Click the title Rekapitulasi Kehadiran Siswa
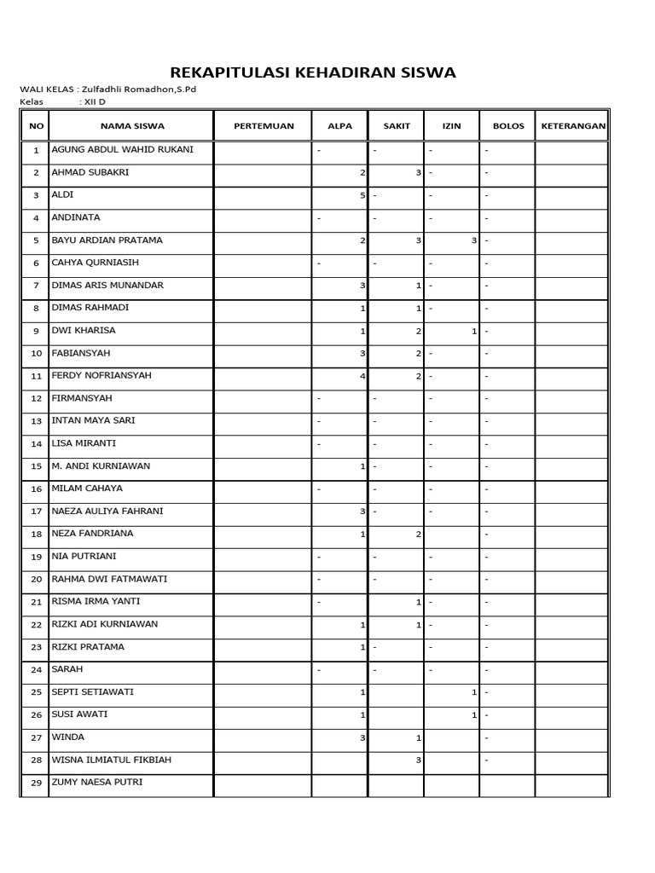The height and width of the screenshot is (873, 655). [x=313, y=72]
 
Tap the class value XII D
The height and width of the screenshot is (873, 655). [x=93, y=101]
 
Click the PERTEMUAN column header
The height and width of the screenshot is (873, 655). [x=264, y=126]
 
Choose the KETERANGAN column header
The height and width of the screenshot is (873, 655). [x=572, y=126]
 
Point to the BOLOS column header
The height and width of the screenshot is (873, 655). [x=508, y=126]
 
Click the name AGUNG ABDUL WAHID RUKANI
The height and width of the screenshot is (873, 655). [x=123, y=149]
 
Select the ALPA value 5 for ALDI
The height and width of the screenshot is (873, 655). [x=362, y=195]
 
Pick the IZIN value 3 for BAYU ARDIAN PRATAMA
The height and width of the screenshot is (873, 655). [x=473, y=240]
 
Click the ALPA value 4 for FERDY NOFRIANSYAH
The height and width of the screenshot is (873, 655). [x=362, y=376]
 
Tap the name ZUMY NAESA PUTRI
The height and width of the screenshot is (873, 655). [x=97, y=782]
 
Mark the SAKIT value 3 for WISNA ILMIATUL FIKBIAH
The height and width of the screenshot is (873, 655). [x=418, y=760]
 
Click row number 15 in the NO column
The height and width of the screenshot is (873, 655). [x=36, y=466]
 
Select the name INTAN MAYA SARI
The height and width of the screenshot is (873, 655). [x=94, y=420]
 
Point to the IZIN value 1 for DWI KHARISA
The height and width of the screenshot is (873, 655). [x=473, y=331]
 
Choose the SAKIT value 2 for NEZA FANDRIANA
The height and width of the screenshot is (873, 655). [x=418, y=534]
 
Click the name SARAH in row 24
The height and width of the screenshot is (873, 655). [x=67, y=669]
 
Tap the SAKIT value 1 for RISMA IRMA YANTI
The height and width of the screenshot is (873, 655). [x=418, y=602]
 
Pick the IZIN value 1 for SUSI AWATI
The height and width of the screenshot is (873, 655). [x=473, y=714]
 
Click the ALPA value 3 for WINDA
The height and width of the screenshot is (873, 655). [x=362, y=737]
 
